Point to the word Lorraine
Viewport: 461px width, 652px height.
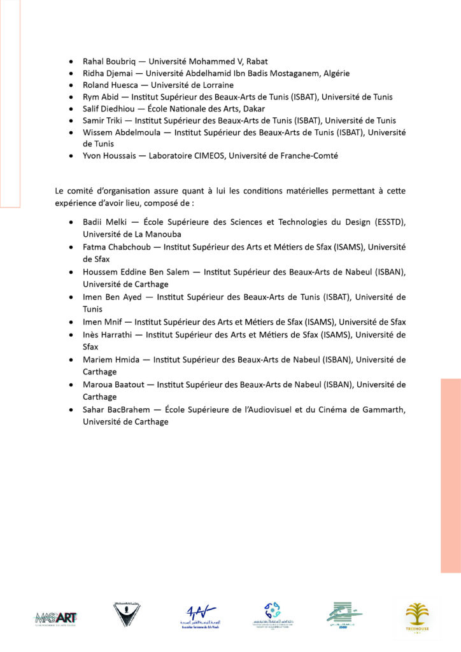[x=215, y=85]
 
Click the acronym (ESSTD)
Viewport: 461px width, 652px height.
[x=388, y=222]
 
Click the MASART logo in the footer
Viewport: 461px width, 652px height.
[x=57, y=616]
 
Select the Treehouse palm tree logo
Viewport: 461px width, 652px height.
[x=417, y=616]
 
